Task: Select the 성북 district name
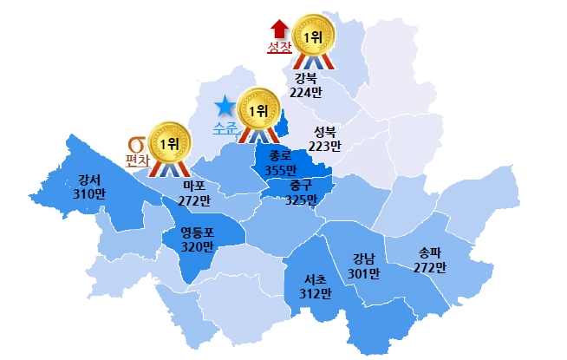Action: pos(325,133)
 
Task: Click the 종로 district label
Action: pos(281,157)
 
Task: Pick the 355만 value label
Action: pos(281,170)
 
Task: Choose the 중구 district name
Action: pos(300,187)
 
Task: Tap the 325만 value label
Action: pos(300,200)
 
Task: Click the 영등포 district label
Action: pos(197,232)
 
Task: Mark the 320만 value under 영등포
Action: pos(197,246)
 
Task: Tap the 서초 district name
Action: pos(315,280)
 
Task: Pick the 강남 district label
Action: pos(364,259)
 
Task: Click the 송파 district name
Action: pos(430,253)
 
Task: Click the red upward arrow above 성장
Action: pos(278,29)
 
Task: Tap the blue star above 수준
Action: pos(225,108)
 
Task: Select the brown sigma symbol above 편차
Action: pos(135,144)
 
